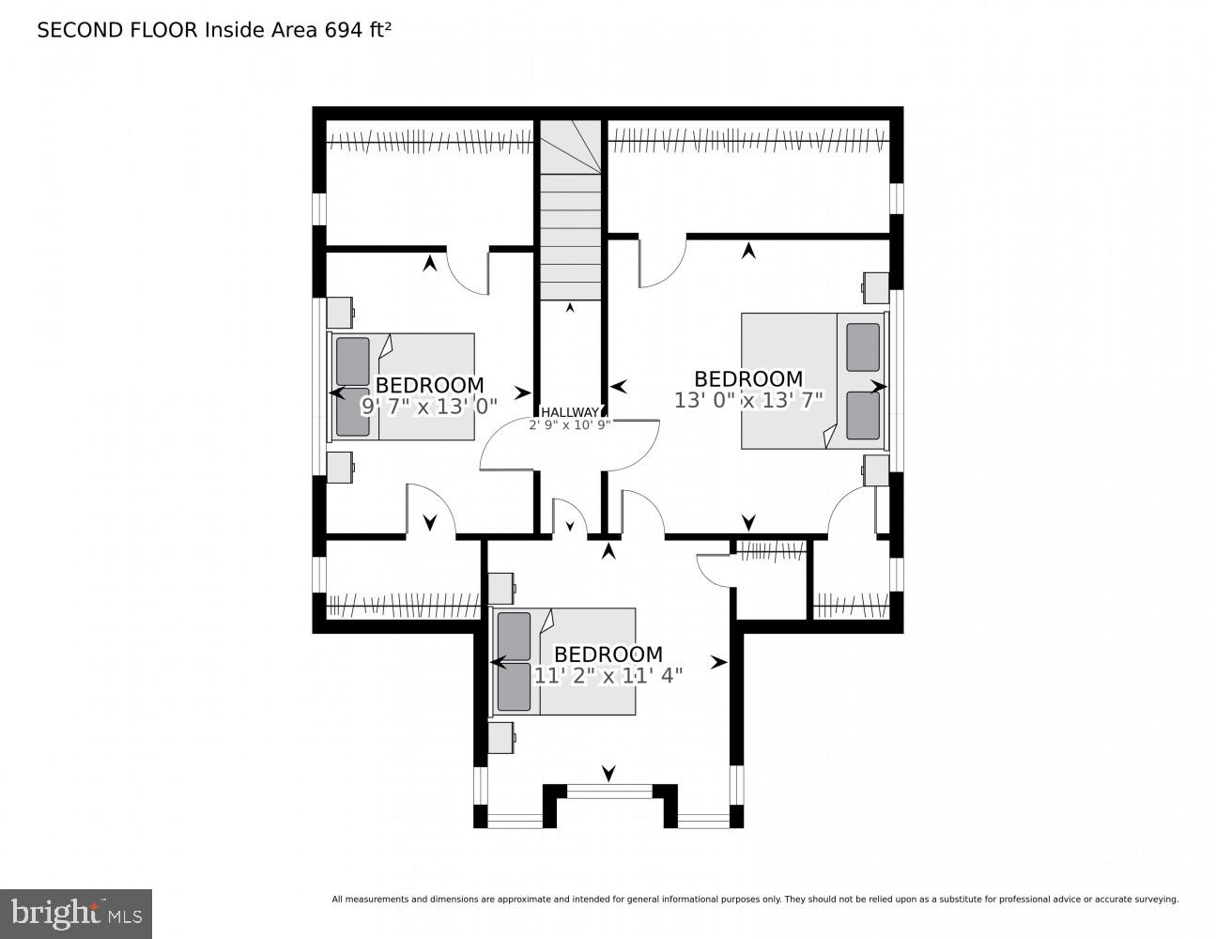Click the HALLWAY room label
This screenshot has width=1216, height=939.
tap(569, 411)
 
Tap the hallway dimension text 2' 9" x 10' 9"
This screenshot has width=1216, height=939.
tap(569, 424)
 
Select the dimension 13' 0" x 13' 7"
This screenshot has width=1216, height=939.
tap(748, 399)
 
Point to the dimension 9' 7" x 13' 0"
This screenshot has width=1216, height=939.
tap(429, 406)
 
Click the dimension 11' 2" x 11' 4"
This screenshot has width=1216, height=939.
tap(608, 674)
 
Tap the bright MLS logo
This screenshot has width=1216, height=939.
tap(76, 913)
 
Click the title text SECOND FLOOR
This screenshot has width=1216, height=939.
tap(117, 30)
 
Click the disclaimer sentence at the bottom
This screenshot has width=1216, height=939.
tap(755, 900)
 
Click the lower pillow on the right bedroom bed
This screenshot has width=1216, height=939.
tap(863, 415)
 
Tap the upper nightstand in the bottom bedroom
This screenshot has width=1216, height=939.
tap(500, 589)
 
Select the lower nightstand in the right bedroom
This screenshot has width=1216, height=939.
tap(876, 470)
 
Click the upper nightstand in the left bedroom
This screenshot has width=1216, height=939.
tap(339, 313)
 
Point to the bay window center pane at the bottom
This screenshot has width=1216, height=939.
tap(608, 793)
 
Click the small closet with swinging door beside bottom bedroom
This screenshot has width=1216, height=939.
tap(771, 582)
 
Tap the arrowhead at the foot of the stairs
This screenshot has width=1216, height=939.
tap(569, 308)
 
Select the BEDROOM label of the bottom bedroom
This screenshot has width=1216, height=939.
tap(608, 654)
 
